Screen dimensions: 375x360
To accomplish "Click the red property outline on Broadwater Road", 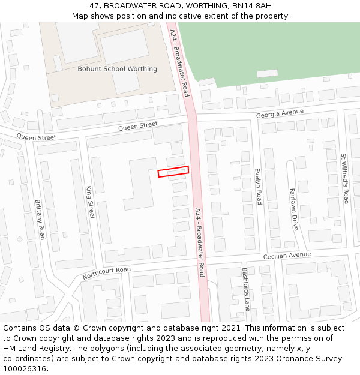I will click(x=173, y=172).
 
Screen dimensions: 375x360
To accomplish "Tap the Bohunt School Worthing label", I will click(x=117, y=69).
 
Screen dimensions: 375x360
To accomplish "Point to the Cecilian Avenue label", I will click(x=287, y=256).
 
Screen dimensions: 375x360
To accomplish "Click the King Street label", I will click(x=91, y=202).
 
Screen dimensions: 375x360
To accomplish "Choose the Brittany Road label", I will click(x=40, y=220).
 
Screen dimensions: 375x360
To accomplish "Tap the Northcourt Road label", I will click(x=106, y=273).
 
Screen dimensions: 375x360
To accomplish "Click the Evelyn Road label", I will click(x=258, y=186).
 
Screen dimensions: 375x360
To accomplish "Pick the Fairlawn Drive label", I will click(x=294, y=209).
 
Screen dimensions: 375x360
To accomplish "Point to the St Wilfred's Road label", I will click(x=344, y=178).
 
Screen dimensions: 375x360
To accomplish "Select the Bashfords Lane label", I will click(x=245, y=289).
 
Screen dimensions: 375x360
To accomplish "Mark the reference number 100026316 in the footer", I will click(x=24, y=369).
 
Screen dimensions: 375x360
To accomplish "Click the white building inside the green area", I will click(x=267, y=73).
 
